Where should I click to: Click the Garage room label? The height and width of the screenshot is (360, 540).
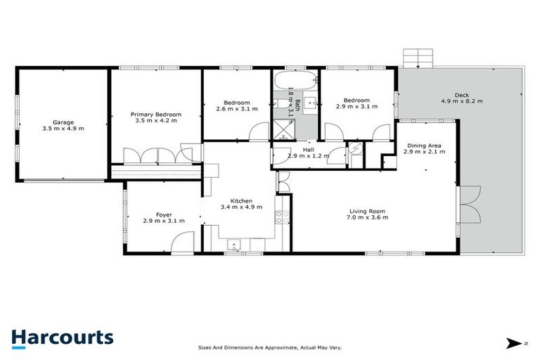(x=63, y=122)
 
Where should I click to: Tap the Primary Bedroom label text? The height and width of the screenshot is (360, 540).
(x=155, y=114)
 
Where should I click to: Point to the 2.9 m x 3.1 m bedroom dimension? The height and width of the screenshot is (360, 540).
(x=356, y=107)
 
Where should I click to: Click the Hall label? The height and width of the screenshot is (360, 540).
(x=308, y=149)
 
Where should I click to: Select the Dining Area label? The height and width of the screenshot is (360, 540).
(x=425, y=145)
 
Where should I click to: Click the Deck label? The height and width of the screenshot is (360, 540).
(x=462, y=94)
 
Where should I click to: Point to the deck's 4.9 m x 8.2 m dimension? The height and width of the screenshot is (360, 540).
(x=462, y=101)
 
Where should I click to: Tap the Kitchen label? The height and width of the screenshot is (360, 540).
(x=236, y=200)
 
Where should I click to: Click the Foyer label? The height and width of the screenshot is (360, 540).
(x=163, y=214)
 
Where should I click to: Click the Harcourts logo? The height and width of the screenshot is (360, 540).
(x=62, y=337)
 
